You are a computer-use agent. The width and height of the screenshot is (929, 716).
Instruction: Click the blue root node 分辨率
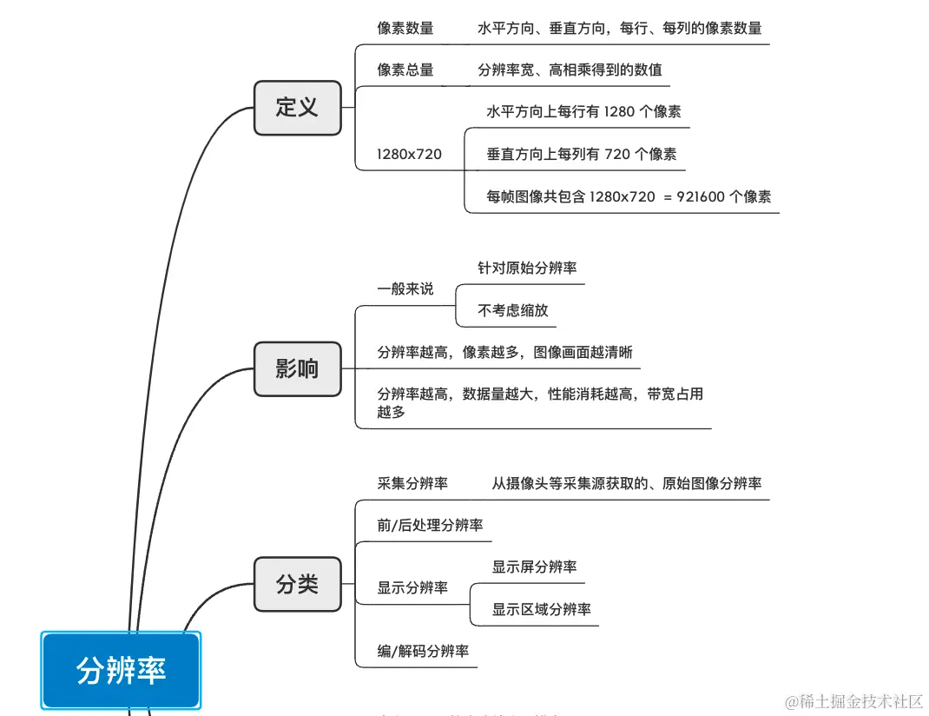(121, 670)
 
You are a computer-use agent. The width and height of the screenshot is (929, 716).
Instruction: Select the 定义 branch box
(297, 107)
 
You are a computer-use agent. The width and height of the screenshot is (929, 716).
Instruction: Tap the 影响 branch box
(297, 368)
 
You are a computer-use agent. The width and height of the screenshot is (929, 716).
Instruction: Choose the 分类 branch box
(297, 584)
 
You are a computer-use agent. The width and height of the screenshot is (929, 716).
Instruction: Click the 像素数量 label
(405, 28)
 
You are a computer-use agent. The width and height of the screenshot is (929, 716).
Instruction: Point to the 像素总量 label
(405, 70)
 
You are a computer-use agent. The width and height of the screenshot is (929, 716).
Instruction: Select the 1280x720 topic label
(409, 154)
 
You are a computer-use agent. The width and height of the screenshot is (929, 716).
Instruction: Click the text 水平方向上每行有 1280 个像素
(583, 111)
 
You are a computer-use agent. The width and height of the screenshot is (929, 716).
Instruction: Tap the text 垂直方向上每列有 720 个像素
(581, 154)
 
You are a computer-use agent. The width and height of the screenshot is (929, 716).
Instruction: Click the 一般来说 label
(405, 288)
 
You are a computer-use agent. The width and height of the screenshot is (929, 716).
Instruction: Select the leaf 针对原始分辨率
(527, 268)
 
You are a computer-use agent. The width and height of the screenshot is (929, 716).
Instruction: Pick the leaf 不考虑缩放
(513, 310)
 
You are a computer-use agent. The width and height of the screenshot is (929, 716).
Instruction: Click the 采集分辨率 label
(412, 483)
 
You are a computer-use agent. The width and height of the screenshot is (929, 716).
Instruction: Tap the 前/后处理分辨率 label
(430, 525)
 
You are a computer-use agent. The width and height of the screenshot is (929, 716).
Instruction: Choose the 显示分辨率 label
(412, 587)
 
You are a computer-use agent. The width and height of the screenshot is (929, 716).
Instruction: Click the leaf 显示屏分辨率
(534, 567)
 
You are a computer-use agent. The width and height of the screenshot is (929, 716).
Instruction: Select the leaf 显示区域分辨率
(541, 609)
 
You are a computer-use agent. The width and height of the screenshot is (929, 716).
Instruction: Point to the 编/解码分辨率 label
(423, 651)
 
